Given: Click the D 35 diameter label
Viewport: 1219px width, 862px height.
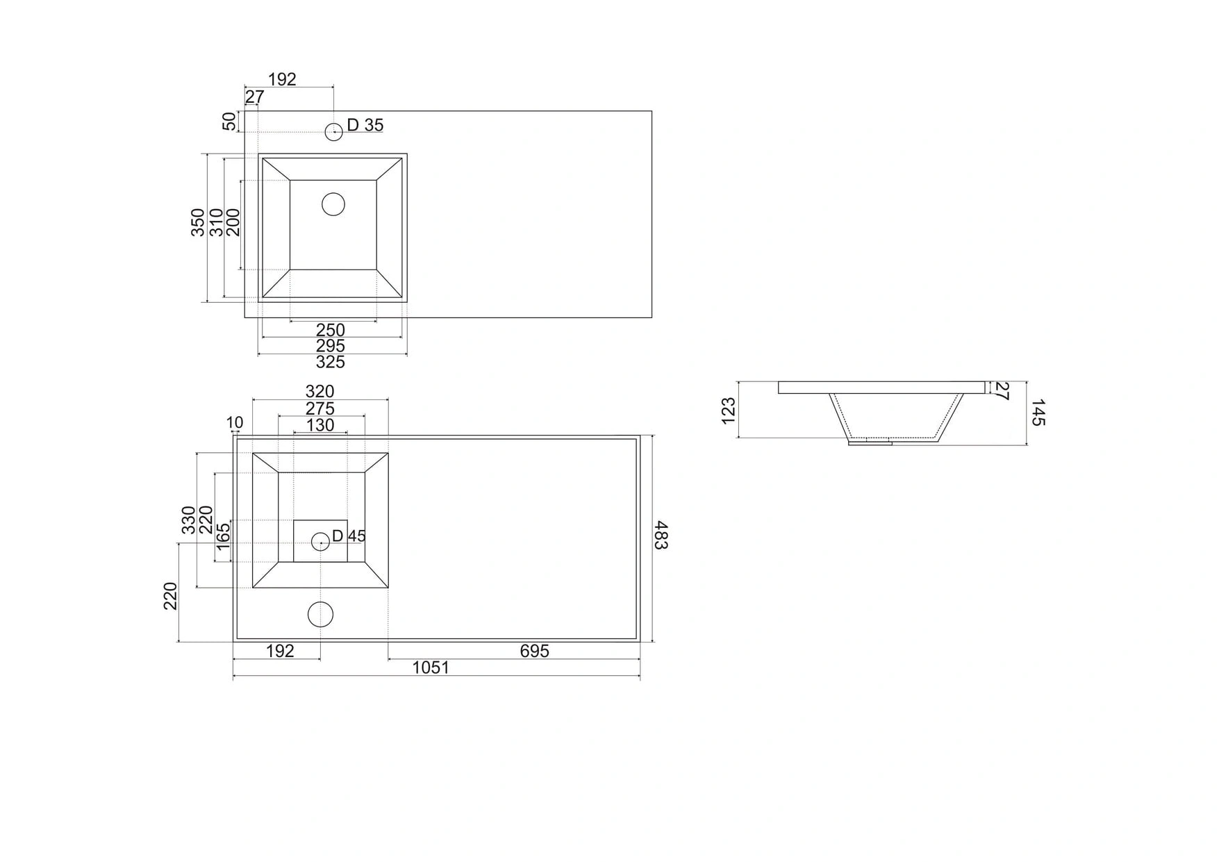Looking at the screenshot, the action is click(x=365, y=125).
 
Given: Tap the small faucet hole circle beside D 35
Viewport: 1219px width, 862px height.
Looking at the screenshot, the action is click(x=334, y=131).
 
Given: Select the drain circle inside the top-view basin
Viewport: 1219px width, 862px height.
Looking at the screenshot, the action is click(x=333, y=204).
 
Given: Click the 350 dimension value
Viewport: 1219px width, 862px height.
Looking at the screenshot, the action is click(x=198, y=222).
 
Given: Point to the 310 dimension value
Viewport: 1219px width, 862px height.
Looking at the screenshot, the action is click(x=216, y=222).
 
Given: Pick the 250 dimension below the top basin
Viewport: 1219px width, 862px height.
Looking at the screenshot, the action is click(x=331, y=330).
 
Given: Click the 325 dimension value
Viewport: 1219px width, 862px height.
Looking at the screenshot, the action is click(x=331, y=362).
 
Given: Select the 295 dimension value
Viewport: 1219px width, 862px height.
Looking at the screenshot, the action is click(x=331, y=346).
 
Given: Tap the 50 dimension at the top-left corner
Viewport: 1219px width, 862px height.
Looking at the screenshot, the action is click(x=229, y=122).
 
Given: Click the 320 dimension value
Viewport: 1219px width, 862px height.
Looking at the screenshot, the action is click(x=320, y=392).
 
